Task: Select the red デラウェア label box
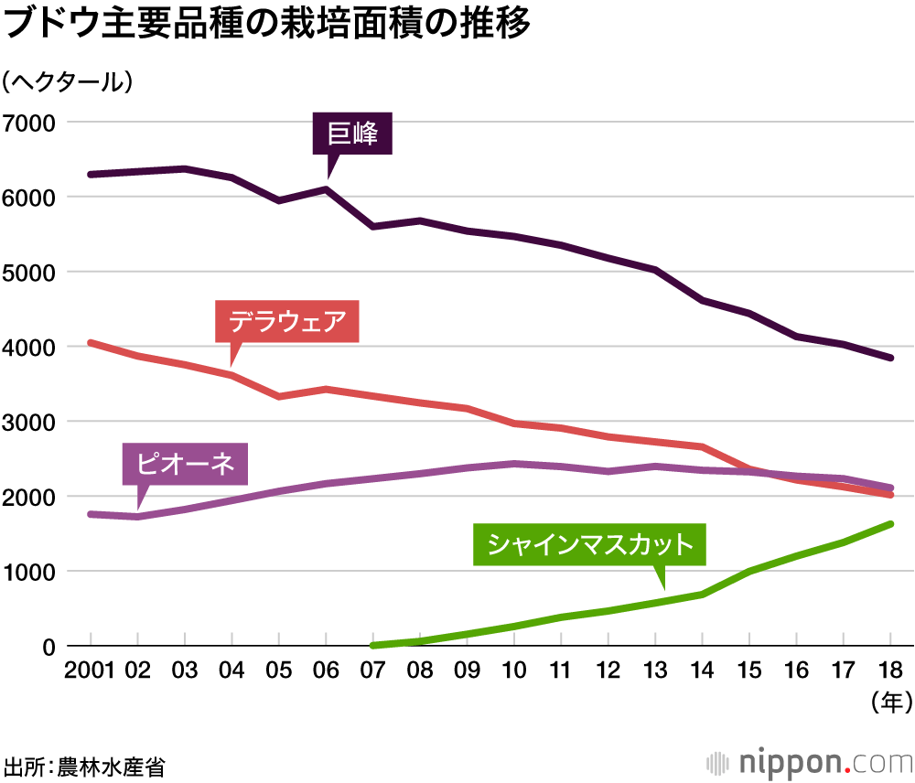point(286,322)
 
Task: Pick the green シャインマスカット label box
point(589,546)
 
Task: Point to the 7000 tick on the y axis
point(29,123)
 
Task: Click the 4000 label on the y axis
point(29,348)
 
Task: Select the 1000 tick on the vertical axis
point(29,572)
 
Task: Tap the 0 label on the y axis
point(48,647)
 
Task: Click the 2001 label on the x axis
point(89,670)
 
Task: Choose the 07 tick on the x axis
point(373,670)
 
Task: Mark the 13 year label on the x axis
point(656,670)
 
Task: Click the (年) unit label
point(888,702)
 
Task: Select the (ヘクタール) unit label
point(68,81)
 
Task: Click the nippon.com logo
point(811,762)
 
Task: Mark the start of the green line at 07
point(373,645)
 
